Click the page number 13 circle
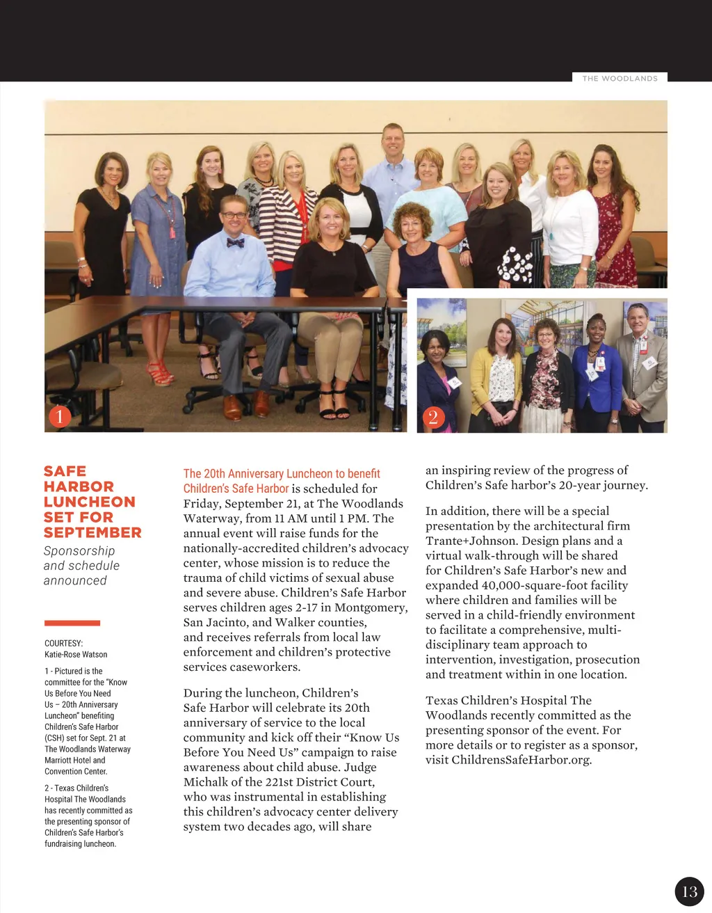689,891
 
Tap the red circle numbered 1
60,416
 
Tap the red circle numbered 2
433,417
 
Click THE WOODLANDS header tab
620,78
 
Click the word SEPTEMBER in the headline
92,532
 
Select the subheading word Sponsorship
79,550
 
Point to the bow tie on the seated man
235,242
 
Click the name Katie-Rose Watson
76,654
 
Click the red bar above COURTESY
72,623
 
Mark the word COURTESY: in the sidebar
63,643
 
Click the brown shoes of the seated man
246,406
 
